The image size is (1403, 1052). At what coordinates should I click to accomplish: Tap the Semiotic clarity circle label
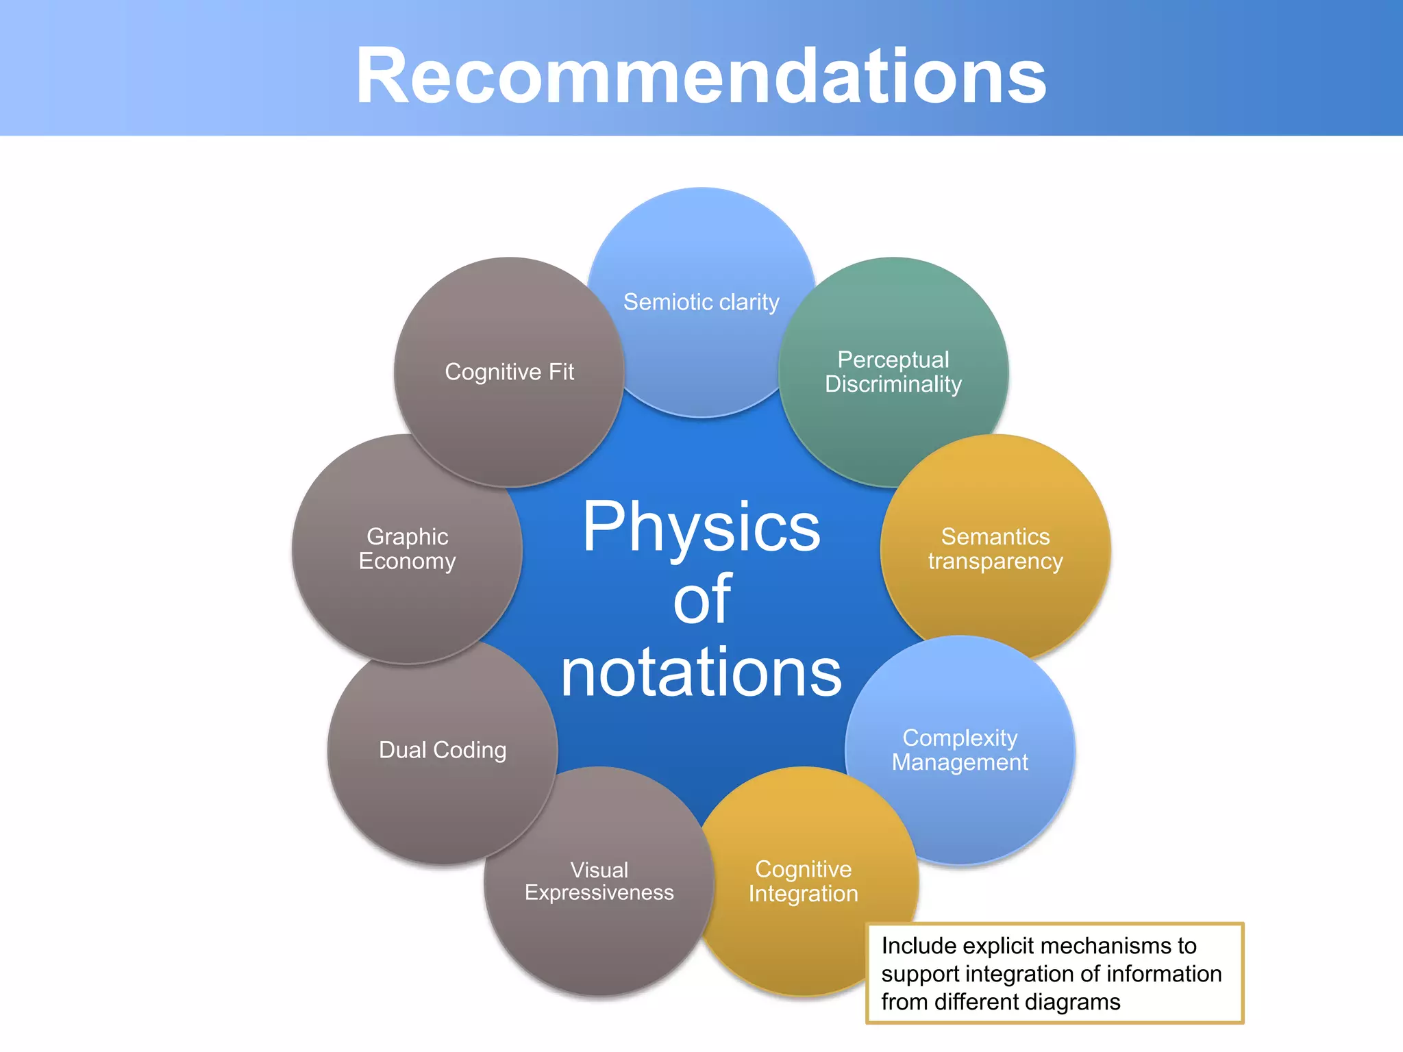pyautogui.click(x=701, y=302)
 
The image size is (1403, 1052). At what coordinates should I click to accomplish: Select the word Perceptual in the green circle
pyautogui.click(x=893, y=360)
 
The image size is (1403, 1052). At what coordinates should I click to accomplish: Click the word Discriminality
pyautogui.click(x=893, y=384)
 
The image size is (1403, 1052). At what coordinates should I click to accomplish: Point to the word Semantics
pyautogui.click(x=995, y=536)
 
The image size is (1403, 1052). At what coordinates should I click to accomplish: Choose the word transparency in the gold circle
pyautogui.click(x=995, y=562)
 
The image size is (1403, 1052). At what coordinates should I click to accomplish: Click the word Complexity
pyautogui.click(x=960, y=738)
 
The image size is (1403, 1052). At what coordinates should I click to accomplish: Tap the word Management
pyautogui.click(x=960, y=762)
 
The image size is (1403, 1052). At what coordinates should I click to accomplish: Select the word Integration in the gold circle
pyautogui.click(x=803, y=894)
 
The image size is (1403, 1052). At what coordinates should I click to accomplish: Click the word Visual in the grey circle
pyautogui.click(x=599, y=870)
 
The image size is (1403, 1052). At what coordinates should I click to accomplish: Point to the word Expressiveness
pyautogui.click(x=599, y=893)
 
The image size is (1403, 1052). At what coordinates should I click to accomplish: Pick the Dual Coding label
pyautogui.click(x=443, y=750)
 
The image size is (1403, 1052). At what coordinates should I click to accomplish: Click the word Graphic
pyautogui.click(x=408, y=536)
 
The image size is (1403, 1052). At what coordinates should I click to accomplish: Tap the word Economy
pyautogui.click(x=408, y=561)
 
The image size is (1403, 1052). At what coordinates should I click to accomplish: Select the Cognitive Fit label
pyautogui.click(x=509, y=372)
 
